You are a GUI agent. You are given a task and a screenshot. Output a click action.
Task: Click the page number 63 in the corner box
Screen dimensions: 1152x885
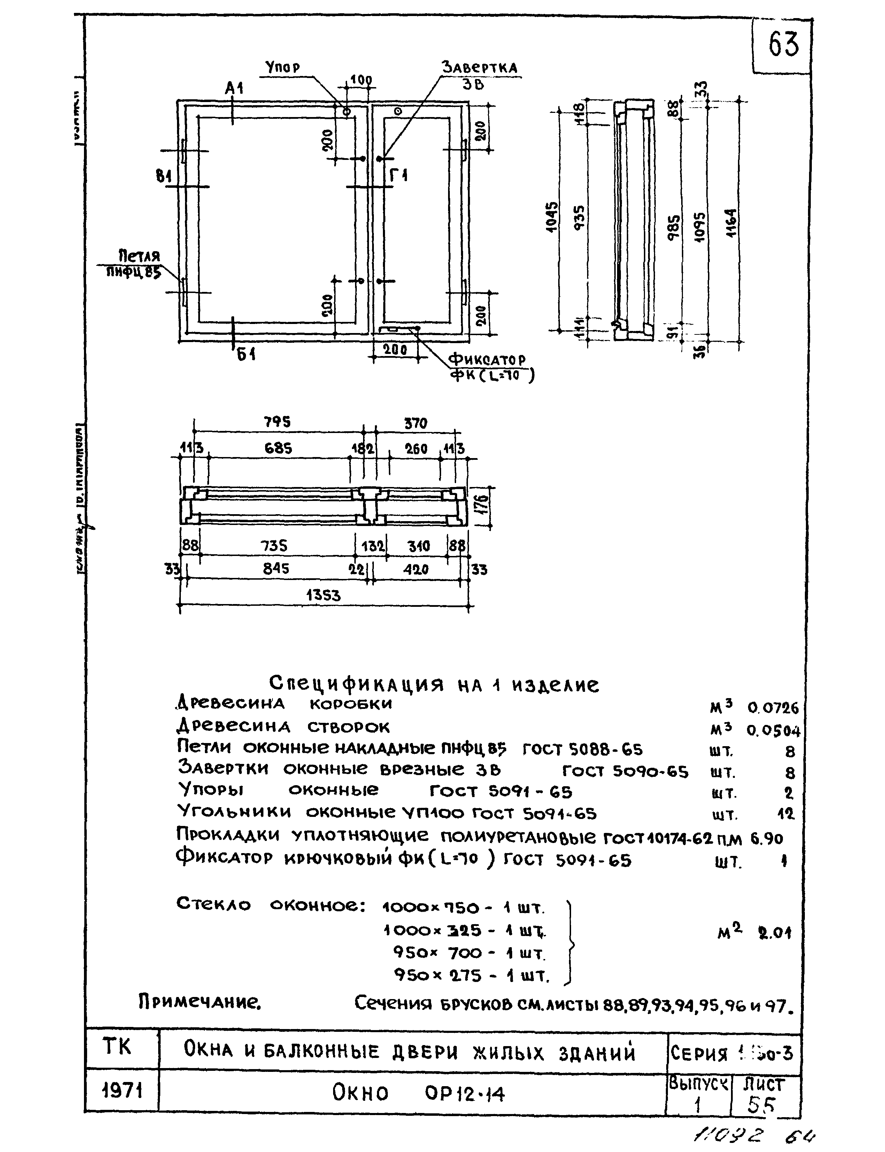(x=783, y=45)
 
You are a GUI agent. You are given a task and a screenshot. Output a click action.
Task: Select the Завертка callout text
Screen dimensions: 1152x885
(x=479, y=68)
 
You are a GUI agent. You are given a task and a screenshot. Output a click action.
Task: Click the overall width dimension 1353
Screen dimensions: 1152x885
(x=323, y=596)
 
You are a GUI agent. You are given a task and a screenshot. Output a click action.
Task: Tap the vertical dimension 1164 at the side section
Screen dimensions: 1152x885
(x=730, y=223)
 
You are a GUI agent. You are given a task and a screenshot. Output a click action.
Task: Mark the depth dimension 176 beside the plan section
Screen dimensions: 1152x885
(x=484, y=506)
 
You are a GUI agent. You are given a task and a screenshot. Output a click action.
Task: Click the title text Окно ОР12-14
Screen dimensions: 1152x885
(x=418, y=1094)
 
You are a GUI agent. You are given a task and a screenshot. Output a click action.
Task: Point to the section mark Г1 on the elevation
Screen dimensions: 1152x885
(x=399, y=175)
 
